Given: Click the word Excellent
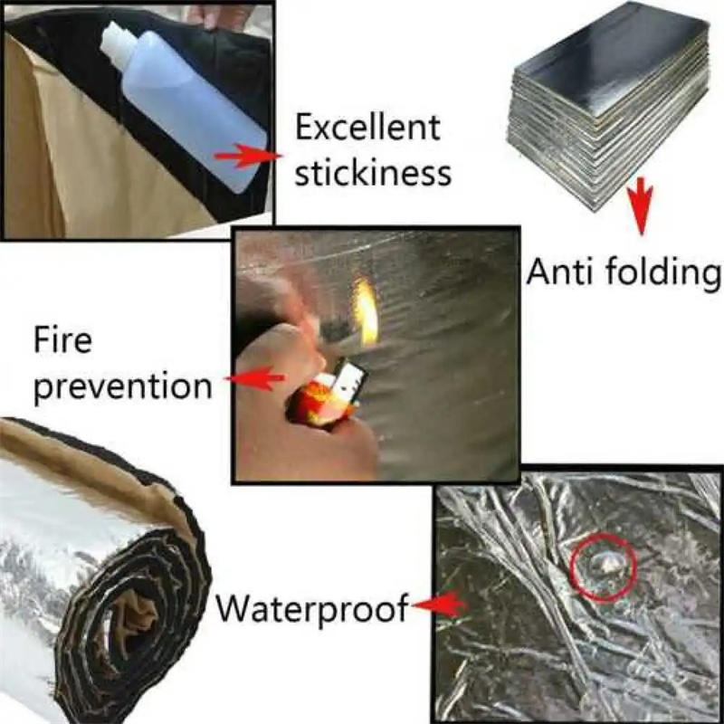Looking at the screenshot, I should pyautogui.click(x=367, y=128).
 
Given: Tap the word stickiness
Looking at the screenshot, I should pyautogui.click(x=373, y=171).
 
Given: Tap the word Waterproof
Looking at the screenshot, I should pyautogui.click(x=311, y=607).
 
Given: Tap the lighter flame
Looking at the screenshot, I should pyautogui.click(x=367, y=312).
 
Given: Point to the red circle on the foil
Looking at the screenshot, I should pyautogui.click(x=605, y=567).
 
